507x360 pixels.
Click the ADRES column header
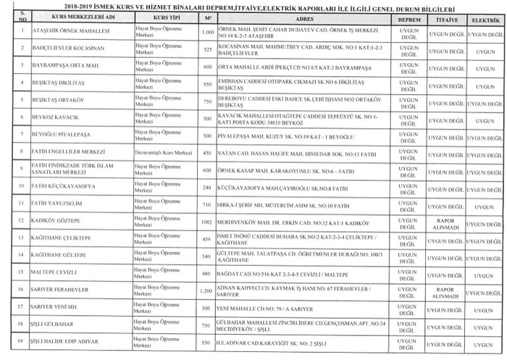(x=303, y=16)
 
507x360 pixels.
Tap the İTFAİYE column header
(x=444, y=16)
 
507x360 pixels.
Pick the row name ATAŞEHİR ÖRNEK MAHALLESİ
(x=66, y=33)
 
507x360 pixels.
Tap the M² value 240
(x=207, y=188)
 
